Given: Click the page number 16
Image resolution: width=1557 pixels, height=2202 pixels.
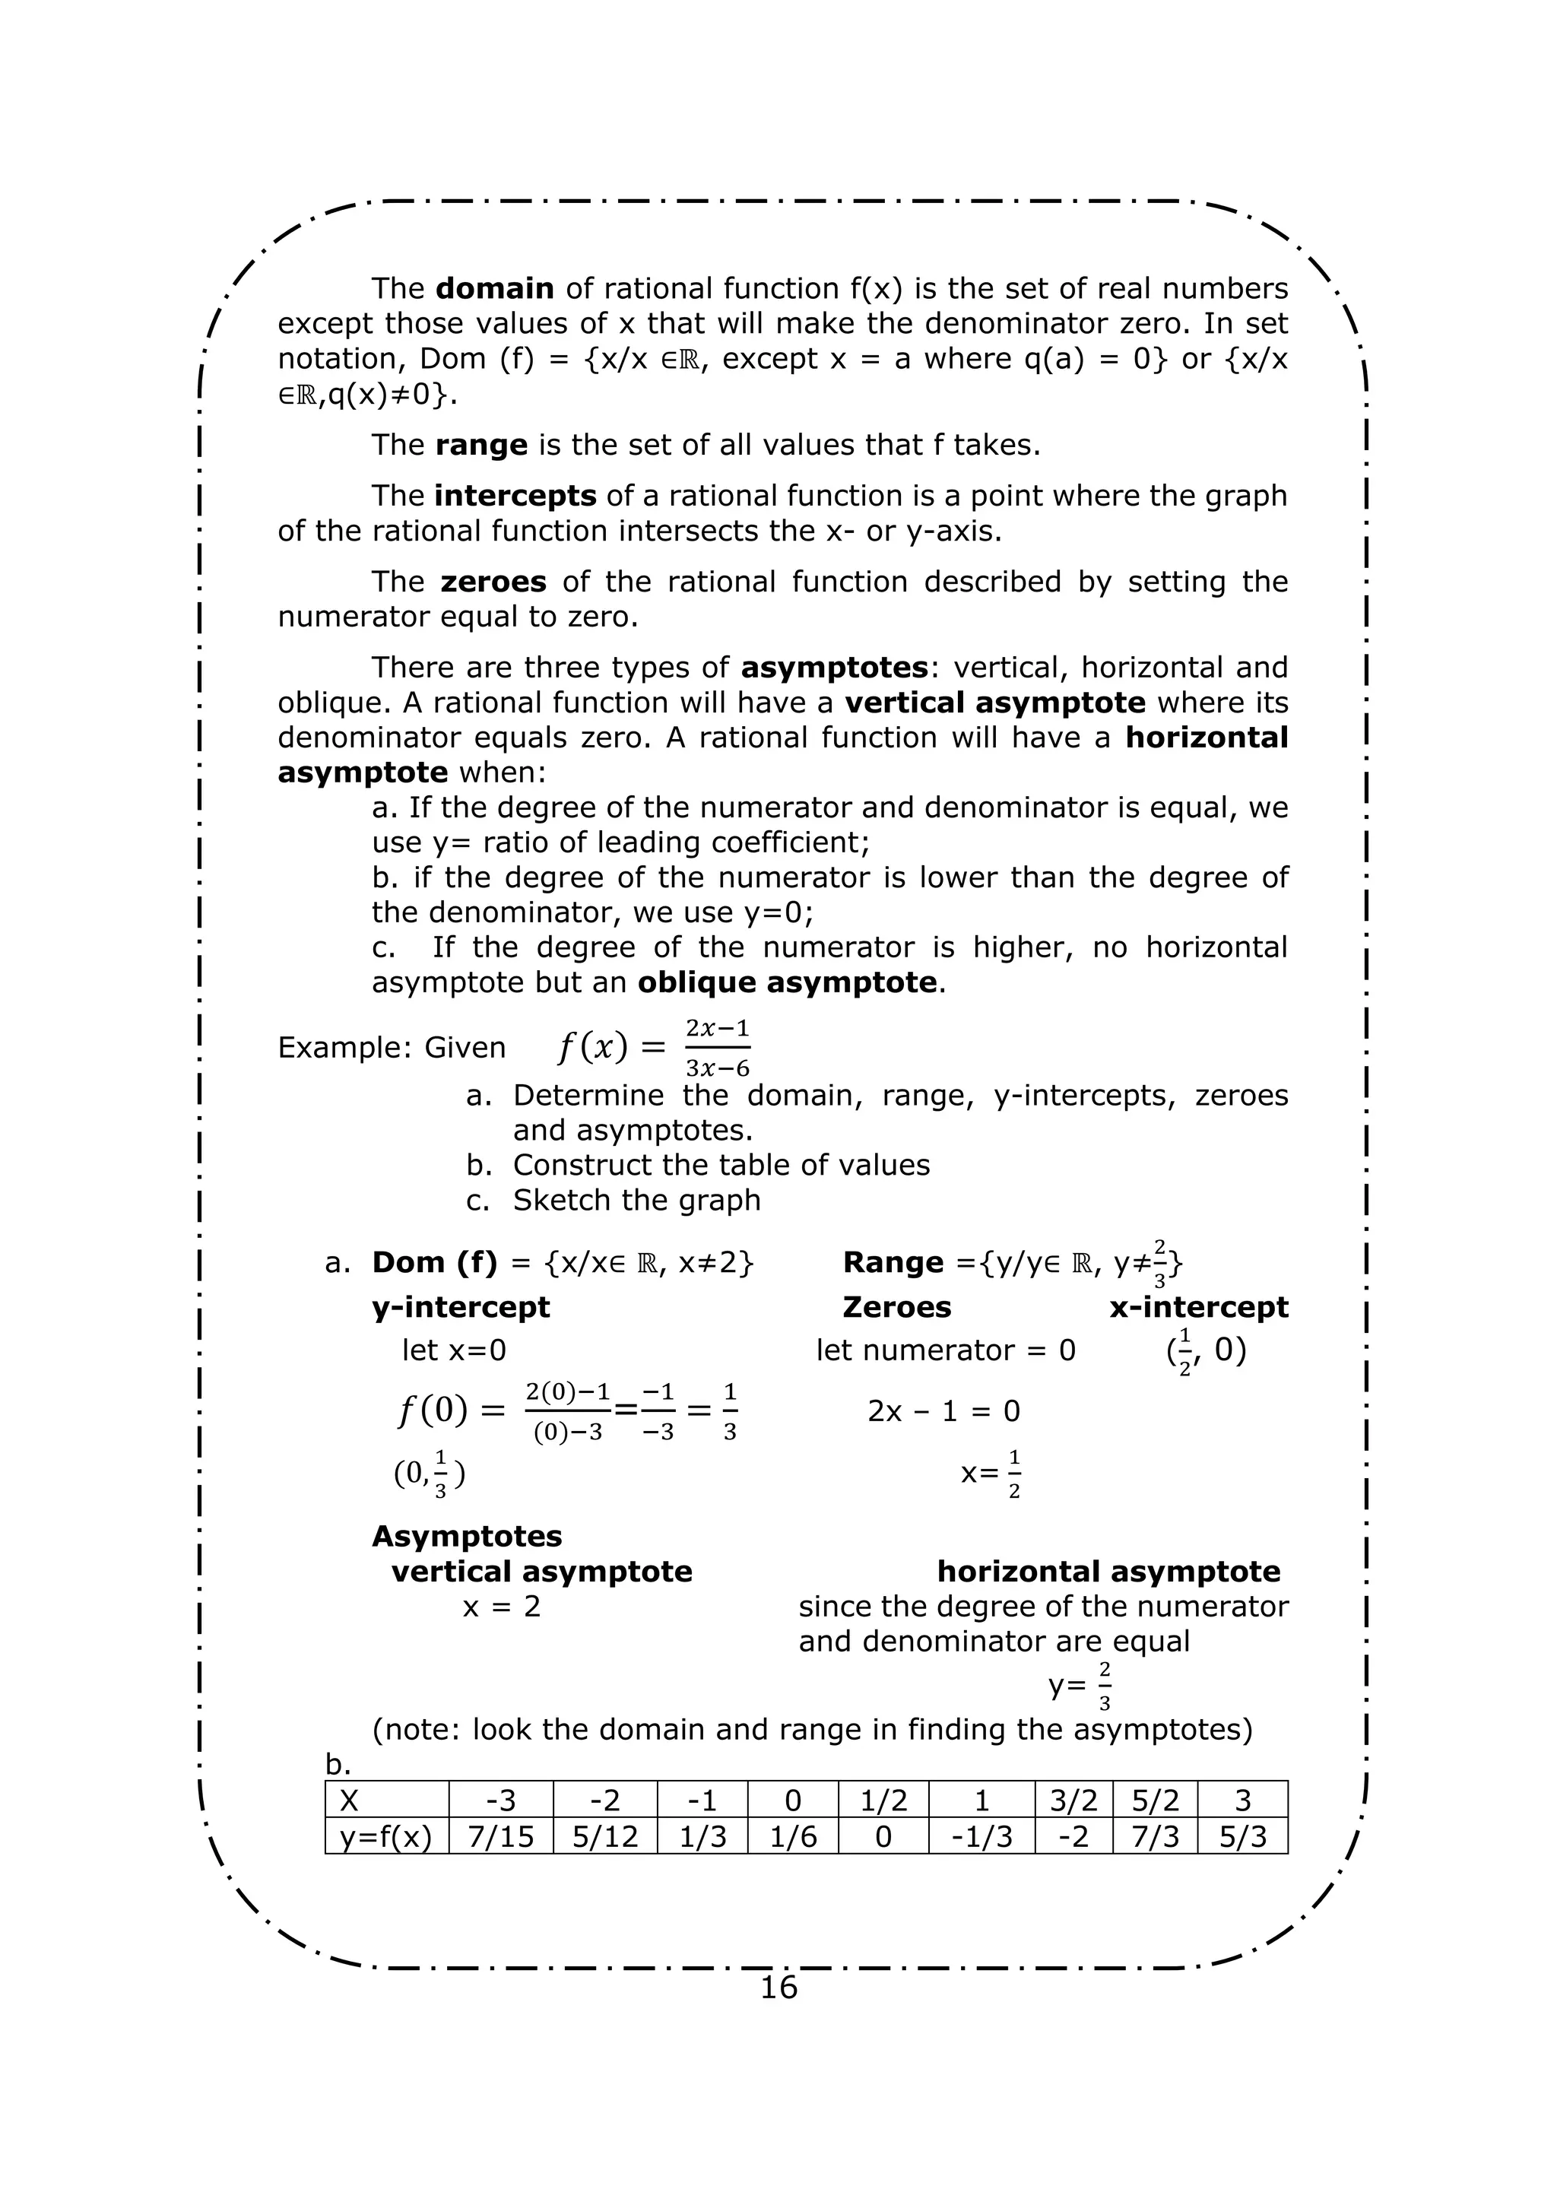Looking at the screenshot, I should click(x=778, y=1986).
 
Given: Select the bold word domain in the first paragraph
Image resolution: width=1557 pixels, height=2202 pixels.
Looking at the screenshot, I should click(x=495, y=289).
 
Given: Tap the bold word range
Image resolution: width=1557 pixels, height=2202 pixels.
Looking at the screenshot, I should click(x=481, y=445).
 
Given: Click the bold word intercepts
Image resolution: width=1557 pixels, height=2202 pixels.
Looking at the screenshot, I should click(x=515, y=496).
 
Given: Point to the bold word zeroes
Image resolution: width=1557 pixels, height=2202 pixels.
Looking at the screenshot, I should click(x=493, y=582).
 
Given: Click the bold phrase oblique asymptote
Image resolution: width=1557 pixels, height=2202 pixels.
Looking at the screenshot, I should click(x=786, y=983).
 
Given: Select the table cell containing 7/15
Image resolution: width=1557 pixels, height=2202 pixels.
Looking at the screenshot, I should click(x=500, y=1836).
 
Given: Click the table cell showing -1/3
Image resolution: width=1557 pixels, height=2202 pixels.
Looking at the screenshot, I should click(x=981, y=1836).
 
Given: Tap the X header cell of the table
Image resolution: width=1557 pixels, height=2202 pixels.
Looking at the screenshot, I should click(x=386, y=1801).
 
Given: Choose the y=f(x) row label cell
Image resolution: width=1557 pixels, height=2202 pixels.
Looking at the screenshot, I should click(x=386, y=1836).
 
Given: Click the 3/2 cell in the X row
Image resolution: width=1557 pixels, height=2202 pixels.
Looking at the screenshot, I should click(x=1073, y=1801).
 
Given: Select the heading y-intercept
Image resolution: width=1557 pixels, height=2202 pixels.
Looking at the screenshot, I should click(x=461, y=1307).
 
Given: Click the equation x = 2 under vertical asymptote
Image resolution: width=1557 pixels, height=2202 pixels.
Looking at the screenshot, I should click(x=502, y=1607).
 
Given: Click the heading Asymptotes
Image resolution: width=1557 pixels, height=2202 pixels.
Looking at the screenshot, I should click(x=467, y=1537).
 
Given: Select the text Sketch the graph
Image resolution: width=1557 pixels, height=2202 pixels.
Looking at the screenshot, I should click(x=636, y=1201).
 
